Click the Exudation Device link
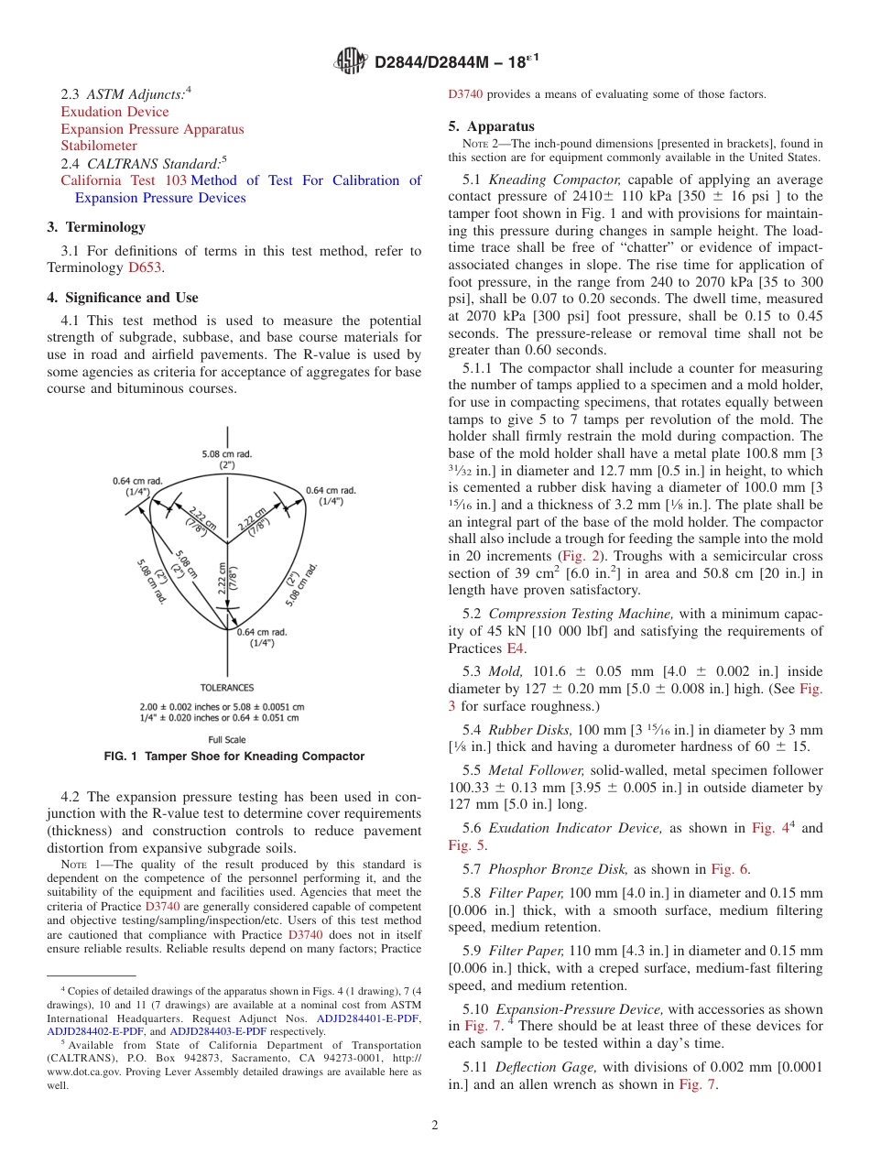coord(114,112)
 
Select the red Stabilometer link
coord(99,146)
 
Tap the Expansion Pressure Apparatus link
coord(152,129)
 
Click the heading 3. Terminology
coord(96,227)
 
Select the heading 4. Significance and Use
coord(122,298)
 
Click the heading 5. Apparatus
coord(492,126)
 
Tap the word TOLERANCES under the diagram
coord(227,687)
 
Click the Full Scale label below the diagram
coord(227,740)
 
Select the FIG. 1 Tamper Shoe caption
coord(234,757)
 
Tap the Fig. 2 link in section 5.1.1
coord(582,556)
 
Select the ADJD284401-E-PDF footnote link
coord(367,1018)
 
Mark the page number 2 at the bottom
coord(434,1125)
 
